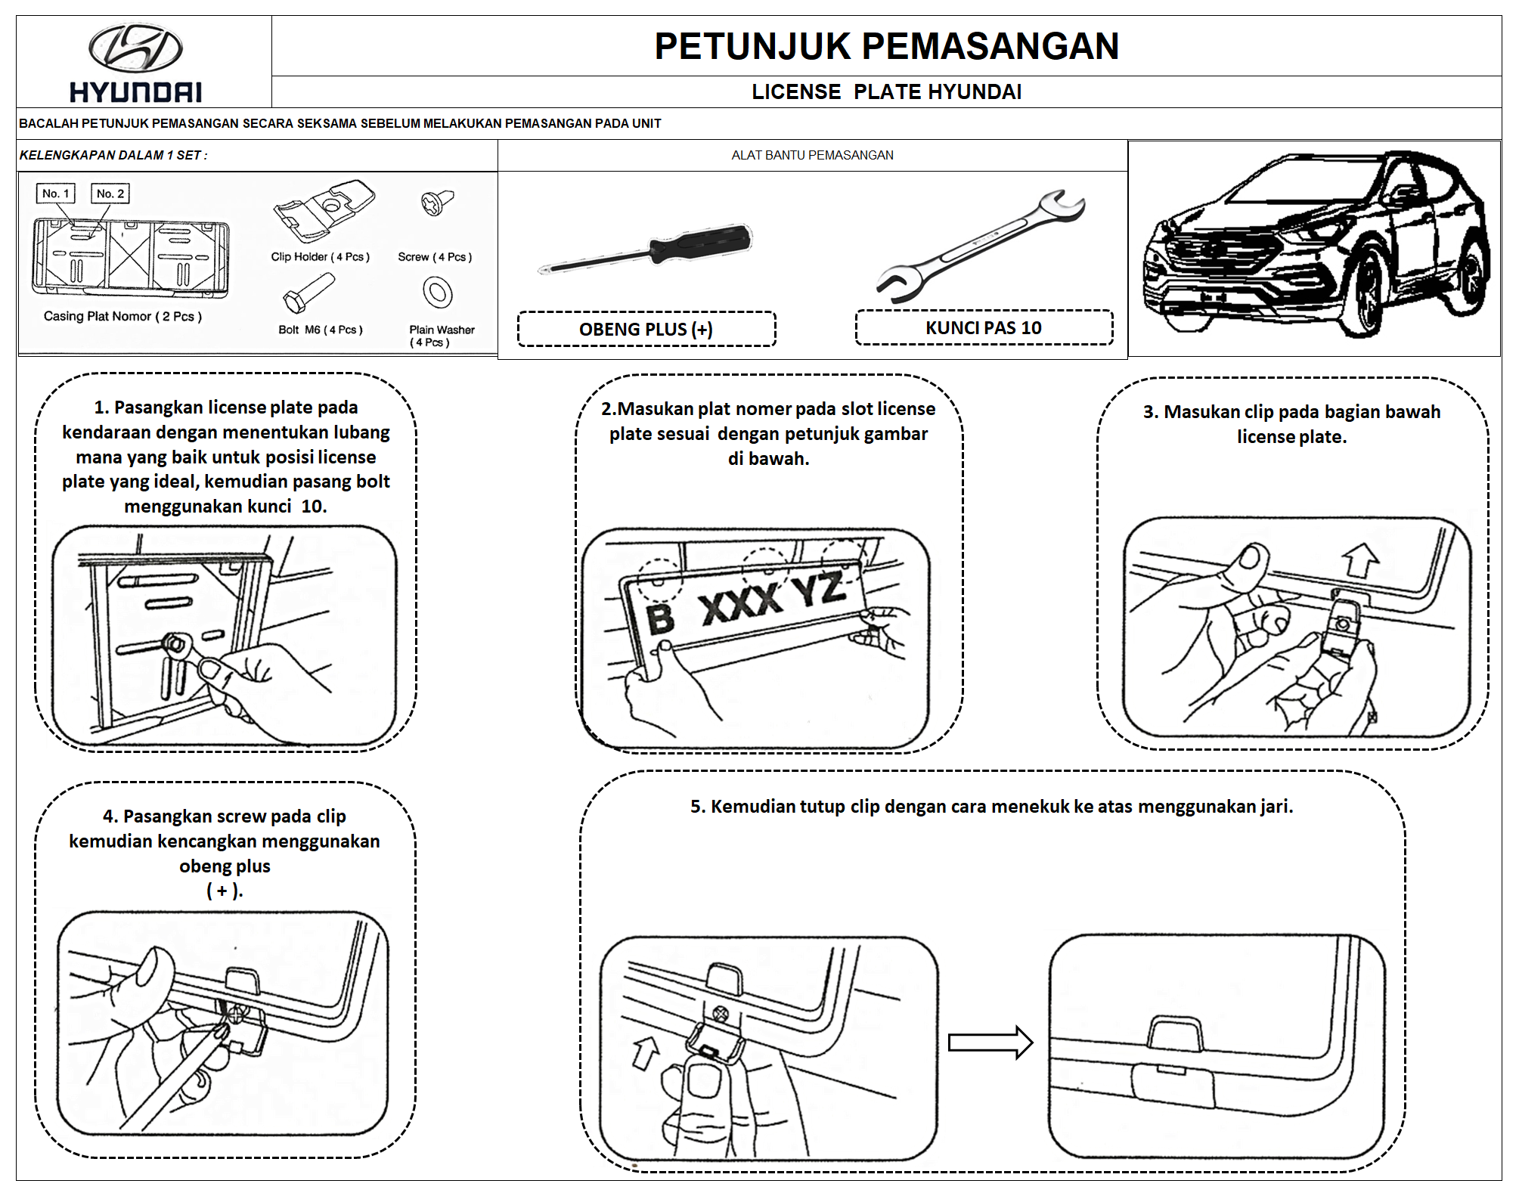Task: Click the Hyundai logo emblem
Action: click(x=135, y=48)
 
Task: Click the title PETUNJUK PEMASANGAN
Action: click(x=886, y=46)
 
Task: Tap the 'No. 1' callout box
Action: click(x=56, y=194)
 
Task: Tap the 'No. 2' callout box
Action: click(x=110, y=194)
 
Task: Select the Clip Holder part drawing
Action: click(x=324, y=209)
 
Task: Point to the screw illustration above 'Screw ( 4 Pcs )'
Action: click(x=437, y=202)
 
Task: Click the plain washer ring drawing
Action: click(x=438, y=293)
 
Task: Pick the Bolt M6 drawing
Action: click(x=308, y=293)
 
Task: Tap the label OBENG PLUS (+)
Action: click(x=646, y=330)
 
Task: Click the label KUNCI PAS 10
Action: click(x=984, y=328)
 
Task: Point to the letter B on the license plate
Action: click(x=660, y=618)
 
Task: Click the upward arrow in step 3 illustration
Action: click(x=1359, y=560)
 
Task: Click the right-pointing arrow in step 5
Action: click(x=990, y=1043)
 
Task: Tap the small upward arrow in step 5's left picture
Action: click(x=646, y=1052)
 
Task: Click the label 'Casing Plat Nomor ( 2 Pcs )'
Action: click(x=122, y=316)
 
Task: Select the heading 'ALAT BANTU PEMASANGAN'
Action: click(x=812, y=155)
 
